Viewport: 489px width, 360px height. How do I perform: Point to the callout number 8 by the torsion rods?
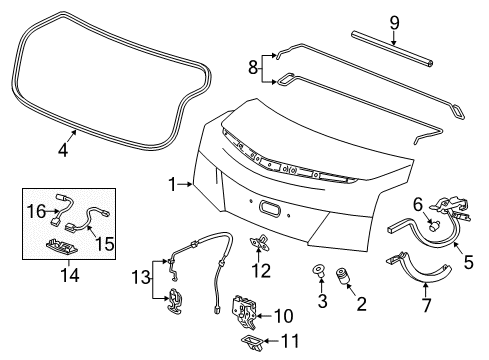253,67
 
